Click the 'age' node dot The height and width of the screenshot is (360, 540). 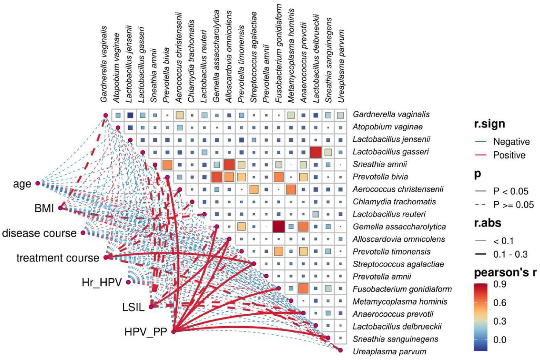[x=38, y=183]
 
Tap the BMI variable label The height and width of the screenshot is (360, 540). [x=44, y=208]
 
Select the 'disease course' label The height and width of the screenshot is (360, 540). [x=39, y=233]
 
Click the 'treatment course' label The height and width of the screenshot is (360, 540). [x=58, y=258]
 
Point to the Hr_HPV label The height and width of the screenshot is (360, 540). [x=102, y=282]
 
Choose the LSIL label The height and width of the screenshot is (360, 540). [x=133, y=307]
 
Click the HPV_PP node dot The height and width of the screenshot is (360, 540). [x=174, y=332]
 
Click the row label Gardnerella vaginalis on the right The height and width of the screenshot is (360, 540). [x=391, y=114]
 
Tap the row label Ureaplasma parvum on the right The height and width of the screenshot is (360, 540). [x=390, y=351]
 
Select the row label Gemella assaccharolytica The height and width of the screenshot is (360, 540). [x=399, y=227]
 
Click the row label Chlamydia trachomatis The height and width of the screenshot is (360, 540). [x=394, y=202]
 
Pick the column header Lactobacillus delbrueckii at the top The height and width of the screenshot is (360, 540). [x=316, y=59]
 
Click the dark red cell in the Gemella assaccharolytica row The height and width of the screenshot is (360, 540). [x=279, y=227]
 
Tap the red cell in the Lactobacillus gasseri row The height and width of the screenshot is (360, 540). [x=316, y=152]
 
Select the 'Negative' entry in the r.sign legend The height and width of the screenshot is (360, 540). [x=511, y=142]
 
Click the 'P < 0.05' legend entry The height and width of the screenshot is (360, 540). [x=511, y=191]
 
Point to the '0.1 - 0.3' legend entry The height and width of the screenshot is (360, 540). [x=510, y=254]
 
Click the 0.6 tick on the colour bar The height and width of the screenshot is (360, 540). [x=499, y=303]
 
